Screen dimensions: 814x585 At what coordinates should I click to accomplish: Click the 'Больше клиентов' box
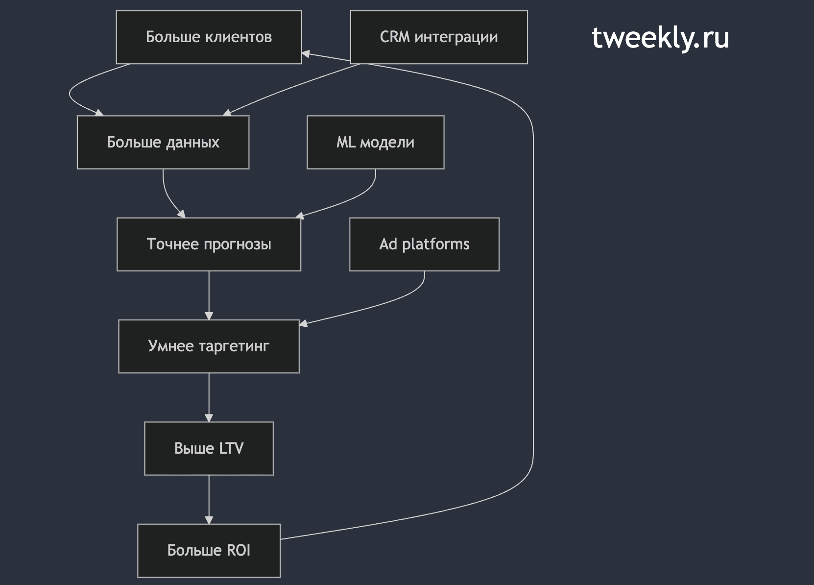209,37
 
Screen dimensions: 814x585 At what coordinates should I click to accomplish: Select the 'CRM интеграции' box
439,37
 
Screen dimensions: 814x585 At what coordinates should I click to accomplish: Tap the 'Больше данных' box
163,142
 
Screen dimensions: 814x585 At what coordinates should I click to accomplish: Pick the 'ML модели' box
375,142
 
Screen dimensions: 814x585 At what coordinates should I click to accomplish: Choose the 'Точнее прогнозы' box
209,244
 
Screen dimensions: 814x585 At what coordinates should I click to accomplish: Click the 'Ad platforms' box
425,244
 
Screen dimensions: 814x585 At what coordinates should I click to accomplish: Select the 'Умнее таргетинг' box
209,346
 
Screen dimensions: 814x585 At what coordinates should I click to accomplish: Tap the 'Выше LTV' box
209,448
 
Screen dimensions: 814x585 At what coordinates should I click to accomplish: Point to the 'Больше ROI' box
209,551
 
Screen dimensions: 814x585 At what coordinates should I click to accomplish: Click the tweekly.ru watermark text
660,38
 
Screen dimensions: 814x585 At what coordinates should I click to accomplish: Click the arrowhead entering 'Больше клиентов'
306,54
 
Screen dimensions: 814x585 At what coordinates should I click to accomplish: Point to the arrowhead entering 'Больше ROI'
209,520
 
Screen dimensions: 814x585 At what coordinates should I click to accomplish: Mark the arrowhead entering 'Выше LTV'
209,418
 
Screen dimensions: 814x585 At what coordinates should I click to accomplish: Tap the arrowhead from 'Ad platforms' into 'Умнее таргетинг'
304,323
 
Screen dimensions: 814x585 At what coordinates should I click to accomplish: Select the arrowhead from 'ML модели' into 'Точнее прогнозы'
300,216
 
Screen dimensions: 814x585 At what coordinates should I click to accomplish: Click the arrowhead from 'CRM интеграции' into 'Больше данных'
227,113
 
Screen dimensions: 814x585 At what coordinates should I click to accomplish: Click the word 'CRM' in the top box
395,37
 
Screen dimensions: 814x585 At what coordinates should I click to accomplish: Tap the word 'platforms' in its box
436,244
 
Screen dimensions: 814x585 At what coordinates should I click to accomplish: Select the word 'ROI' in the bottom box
239,551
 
